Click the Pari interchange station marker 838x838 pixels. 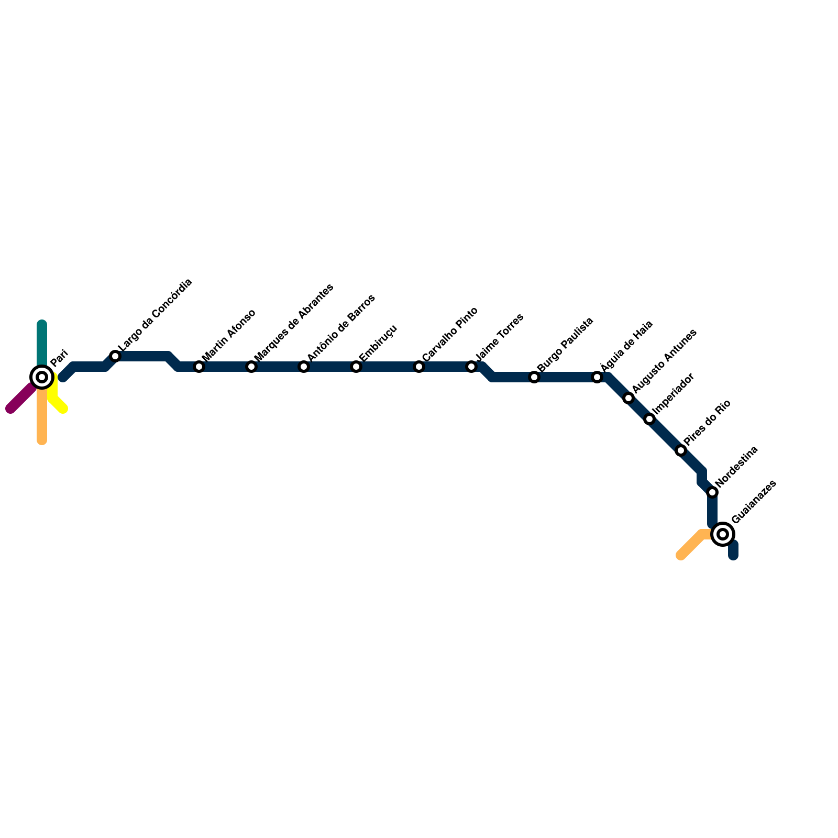(x=42, y=377)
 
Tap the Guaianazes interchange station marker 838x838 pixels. (x=723, y=534)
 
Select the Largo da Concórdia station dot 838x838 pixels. (x=115, y=356)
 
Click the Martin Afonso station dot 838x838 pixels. (x=199, y=367)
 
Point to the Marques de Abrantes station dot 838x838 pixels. (x=251, y=367)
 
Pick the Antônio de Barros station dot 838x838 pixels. (x=304, y=367)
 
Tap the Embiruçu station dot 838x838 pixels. (x=356, y=367)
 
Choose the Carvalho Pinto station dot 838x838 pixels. (x=419, y=367)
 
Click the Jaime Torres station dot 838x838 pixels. (x=471, y=367)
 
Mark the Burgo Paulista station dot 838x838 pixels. (x=534, y=377)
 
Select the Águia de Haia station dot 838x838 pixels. (x=597, y=377)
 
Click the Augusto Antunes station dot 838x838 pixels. (x=629, y=398)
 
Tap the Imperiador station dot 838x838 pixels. (x=649, y=419)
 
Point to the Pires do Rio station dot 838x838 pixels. (x=681, y=450)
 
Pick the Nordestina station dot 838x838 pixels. (x=712, y=492)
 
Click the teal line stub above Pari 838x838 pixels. (x=42, y=340)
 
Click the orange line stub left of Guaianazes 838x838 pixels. (x=691, y=545)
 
